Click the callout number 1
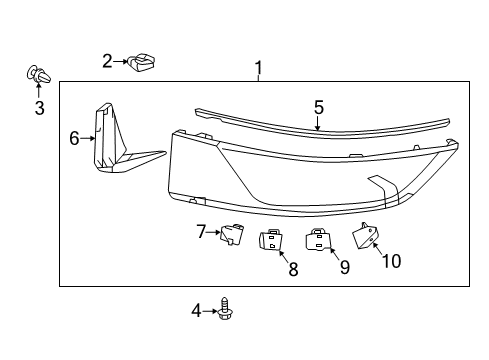coord(259,68)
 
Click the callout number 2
coord(107,62)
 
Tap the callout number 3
coord(39,108)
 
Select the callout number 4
coord(196,311)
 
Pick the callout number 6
coord(74,138)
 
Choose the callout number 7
coord(201,232)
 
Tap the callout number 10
coord(391,261)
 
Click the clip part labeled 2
coord(143,65)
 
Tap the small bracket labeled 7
coord(232,235)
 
